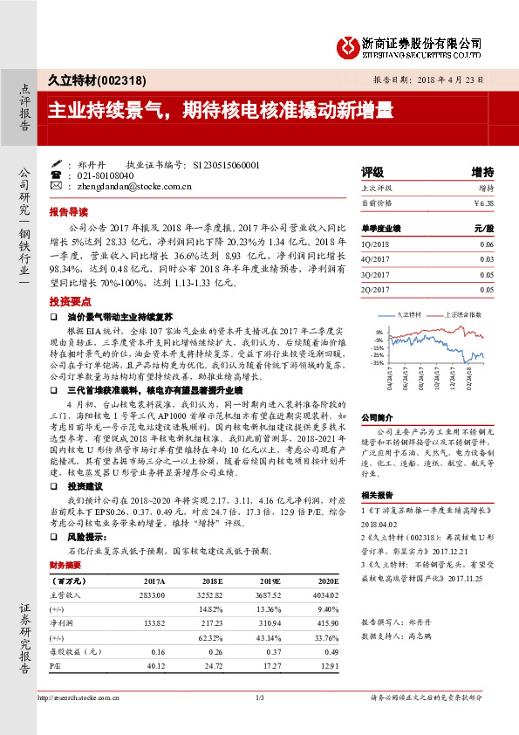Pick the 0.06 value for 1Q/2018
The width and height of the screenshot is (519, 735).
[487, 245]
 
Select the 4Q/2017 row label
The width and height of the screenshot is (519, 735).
[377, 259]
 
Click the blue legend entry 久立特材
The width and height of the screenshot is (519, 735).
[408, 313]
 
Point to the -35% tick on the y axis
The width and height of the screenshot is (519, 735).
[377, 362]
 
